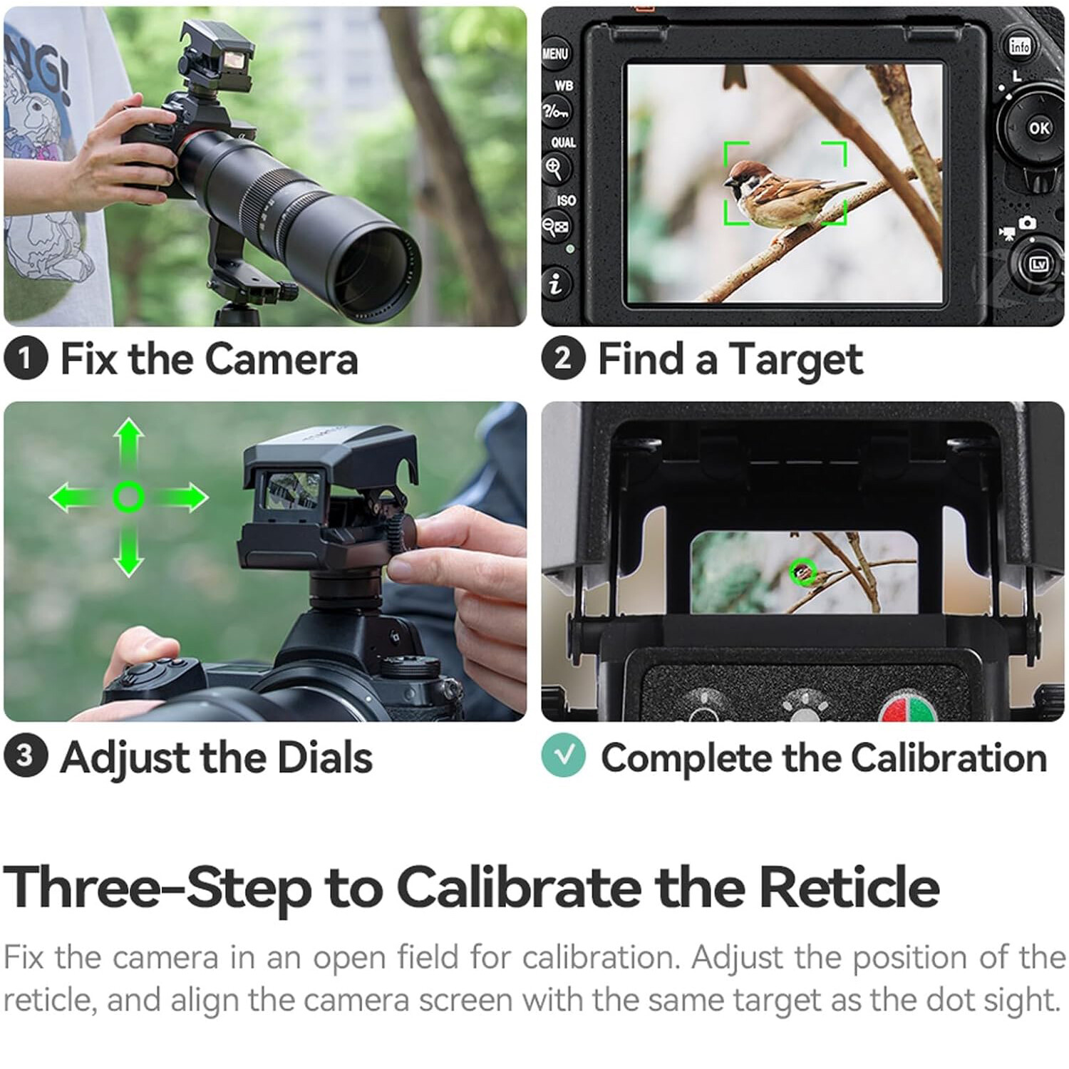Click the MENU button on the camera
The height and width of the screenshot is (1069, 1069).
click(x=554, y=53)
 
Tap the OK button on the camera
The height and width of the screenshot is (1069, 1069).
click(x=1038, y=128)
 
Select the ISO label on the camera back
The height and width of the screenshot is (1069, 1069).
click(x=566, y=200)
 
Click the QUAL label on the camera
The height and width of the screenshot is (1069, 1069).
click(x=563, y=143)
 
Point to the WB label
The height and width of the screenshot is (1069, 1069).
click(x=564, y=86)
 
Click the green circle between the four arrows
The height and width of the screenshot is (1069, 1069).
click(x=129, y=497)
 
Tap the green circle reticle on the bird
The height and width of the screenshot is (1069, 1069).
click(x=803, y=571)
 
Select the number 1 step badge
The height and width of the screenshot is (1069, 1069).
click(x=26, y=358)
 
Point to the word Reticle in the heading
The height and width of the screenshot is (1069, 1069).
click(x=848, y=888)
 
